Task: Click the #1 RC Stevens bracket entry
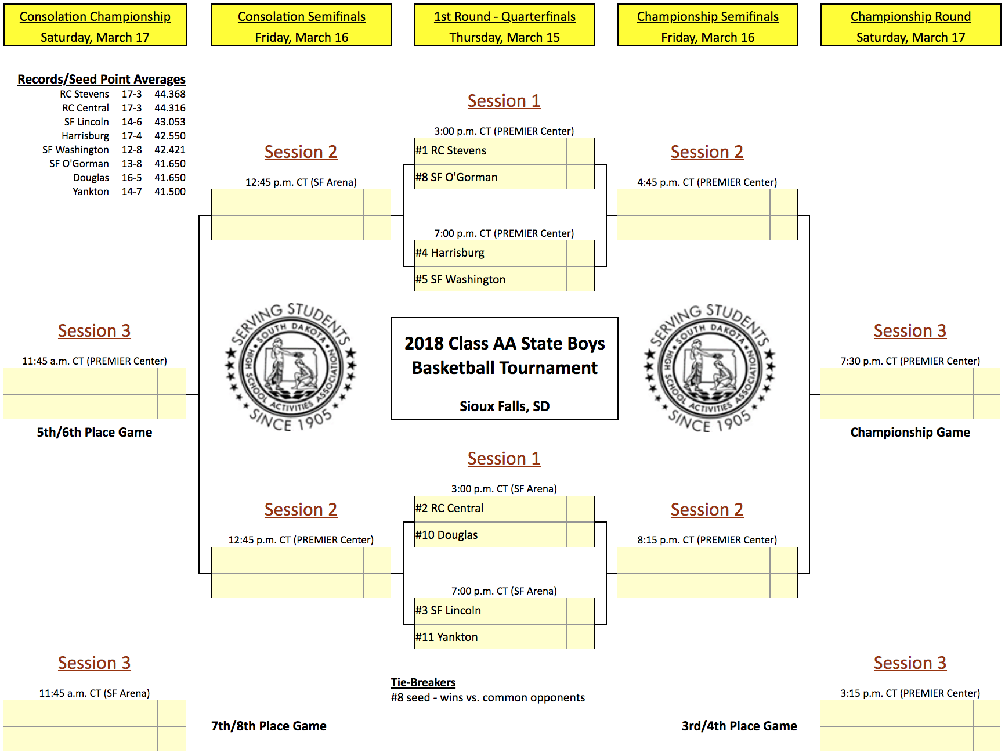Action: pos(451,151)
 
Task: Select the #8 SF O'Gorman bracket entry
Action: pos(457,178)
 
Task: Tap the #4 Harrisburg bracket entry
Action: pos(450,253)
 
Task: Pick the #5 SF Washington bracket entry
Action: pos(460,280)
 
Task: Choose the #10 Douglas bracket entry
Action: pos(447,535)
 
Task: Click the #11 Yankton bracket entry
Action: pos(447,638)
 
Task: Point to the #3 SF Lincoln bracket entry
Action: pos(448,611)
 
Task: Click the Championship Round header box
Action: pos(910,26)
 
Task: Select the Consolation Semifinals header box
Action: pos(302,26)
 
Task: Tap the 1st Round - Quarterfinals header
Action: pos(505,26)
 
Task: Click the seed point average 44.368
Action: pos(170,94)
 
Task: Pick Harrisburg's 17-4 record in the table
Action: pos(132,136)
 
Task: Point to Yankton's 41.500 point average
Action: pos(170,192)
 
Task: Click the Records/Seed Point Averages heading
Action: pos(102,80)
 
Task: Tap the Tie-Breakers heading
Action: pos(423,682)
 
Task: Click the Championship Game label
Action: pos(910,433)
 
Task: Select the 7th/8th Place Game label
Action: pos(269,726)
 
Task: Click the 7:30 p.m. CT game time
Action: pos(910,361)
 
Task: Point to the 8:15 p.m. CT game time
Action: pos(707,540)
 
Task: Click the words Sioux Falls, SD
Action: pos(505,406)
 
